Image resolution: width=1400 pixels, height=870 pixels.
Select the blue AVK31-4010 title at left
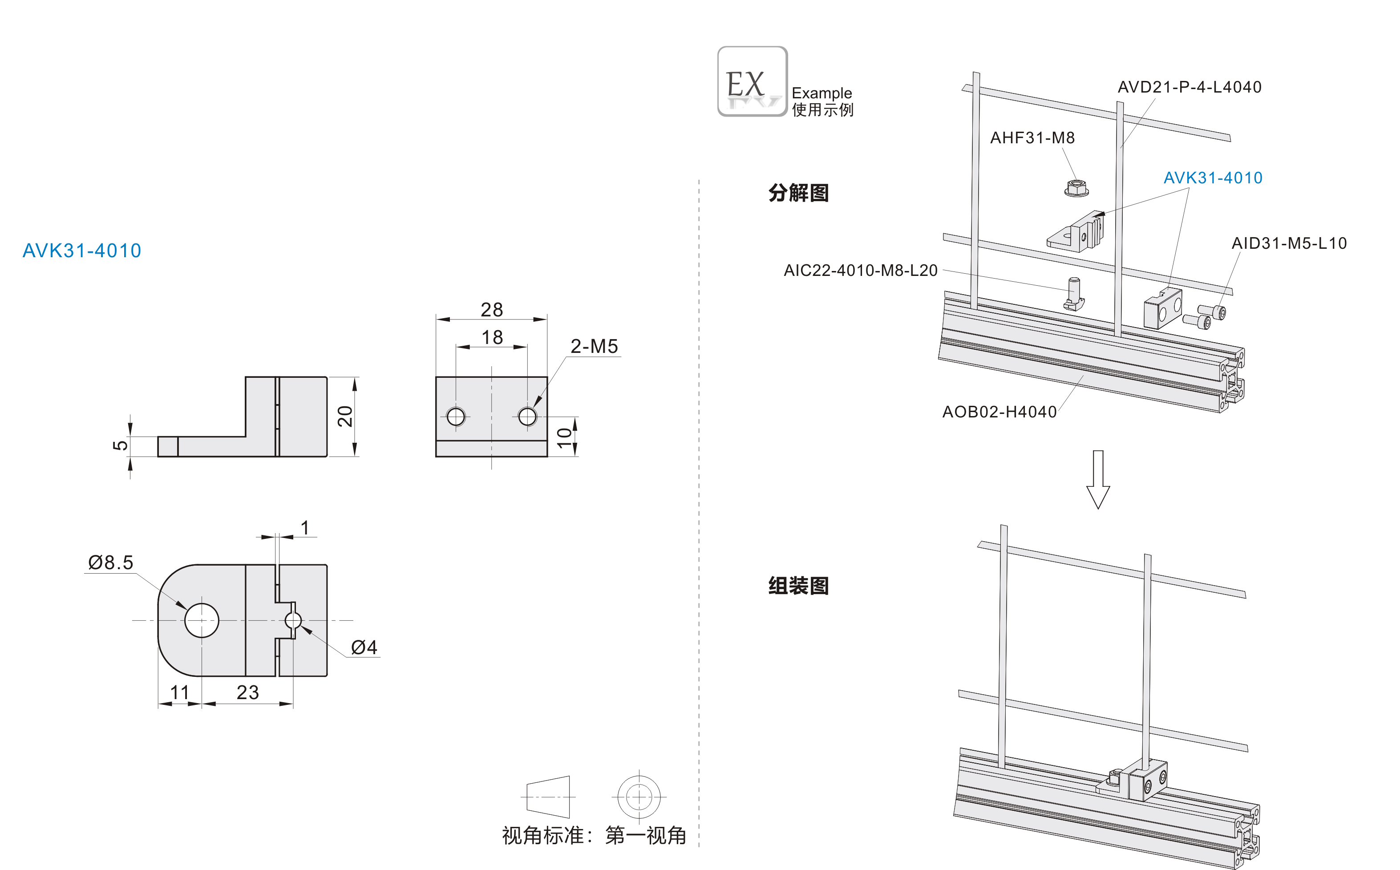click(82, 251)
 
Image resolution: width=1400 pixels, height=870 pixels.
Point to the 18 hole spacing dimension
click(492, 337)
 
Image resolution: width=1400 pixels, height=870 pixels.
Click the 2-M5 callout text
click(594, 346)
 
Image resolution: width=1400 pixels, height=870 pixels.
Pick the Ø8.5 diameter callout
click(110, 562)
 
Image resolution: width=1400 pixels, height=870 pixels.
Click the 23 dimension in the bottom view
click(247, 692)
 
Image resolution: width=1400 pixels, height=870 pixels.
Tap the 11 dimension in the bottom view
click(179, 692)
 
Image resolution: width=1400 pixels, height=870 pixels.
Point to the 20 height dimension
click(345, 416)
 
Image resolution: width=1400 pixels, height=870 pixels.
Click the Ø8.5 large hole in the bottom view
click(202, 620)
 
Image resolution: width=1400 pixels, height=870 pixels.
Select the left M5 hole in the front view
click(456, 416)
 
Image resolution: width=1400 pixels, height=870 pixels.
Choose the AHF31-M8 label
click(1032, 138)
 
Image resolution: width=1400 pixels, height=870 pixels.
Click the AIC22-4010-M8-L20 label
click(860, 271)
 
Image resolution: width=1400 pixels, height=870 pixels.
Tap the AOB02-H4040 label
click(999, 412)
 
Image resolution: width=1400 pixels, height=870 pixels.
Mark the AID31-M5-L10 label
click(1289, 243)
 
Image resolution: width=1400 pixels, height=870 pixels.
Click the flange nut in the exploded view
click(1076, 188)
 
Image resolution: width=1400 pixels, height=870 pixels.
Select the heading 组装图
click(798, 586)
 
